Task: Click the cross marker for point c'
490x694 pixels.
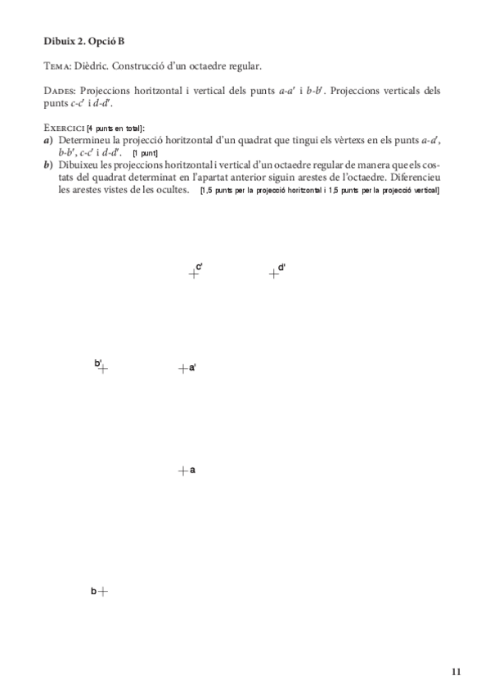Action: (193, 275)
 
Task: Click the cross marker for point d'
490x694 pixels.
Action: (274, 275)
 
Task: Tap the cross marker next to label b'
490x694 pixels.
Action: (103, 369)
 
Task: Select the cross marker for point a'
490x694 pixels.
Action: (182, 369)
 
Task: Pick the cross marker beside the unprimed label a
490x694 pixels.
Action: (182, 471)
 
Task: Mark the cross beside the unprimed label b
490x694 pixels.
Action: (103, 591)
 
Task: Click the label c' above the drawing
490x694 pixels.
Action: (200, 267)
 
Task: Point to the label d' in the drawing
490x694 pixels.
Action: (281, 267)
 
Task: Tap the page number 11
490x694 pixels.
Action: (456, 672)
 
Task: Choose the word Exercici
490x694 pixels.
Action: (64, 128)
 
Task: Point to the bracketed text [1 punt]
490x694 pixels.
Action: (145, 153)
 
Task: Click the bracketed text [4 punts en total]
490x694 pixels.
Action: (115, 128)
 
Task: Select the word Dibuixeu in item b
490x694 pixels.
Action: (81, 165)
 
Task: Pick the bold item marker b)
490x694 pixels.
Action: (49, 165)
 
